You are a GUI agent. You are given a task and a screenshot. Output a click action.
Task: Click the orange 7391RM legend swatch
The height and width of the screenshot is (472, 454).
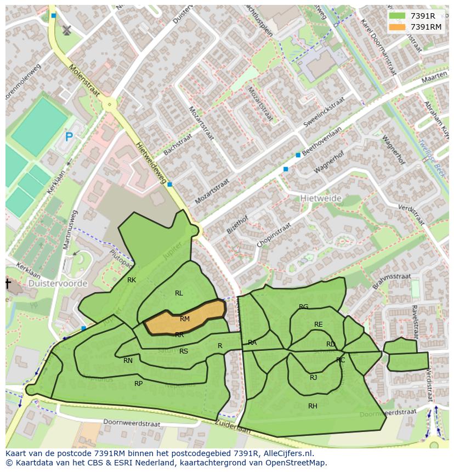point(398,27)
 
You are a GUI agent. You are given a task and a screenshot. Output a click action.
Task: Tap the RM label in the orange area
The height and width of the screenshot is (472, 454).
point(185,319)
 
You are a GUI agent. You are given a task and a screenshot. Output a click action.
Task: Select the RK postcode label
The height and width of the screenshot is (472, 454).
point(132,280)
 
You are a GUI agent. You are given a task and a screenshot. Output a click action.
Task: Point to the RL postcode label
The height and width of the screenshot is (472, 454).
point(179,293)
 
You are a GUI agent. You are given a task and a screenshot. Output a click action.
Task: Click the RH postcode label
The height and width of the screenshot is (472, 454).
point(313,406)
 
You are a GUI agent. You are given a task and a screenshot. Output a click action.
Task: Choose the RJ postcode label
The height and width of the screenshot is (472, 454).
point(313,377)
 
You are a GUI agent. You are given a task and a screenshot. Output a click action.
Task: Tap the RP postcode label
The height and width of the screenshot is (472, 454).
point(138,384)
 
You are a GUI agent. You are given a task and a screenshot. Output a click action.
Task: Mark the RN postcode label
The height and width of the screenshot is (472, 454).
point(128,361)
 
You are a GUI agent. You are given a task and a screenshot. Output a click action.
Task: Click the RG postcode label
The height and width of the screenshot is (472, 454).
point(303,307)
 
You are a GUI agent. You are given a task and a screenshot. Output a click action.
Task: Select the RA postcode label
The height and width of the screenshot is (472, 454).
point(252,343)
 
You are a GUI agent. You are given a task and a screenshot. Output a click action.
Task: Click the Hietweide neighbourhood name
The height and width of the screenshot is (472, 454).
point(321,198)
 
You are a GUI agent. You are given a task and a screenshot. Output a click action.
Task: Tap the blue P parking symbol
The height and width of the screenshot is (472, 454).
point(69,137)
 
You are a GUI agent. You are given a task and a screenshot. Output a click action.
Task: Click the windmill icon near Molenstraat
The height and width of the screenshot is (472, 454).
point(67,30)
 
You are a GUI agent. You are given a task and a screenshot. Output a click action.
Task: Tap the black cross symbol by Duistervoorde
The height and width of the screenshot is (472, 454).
point(8,283)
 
